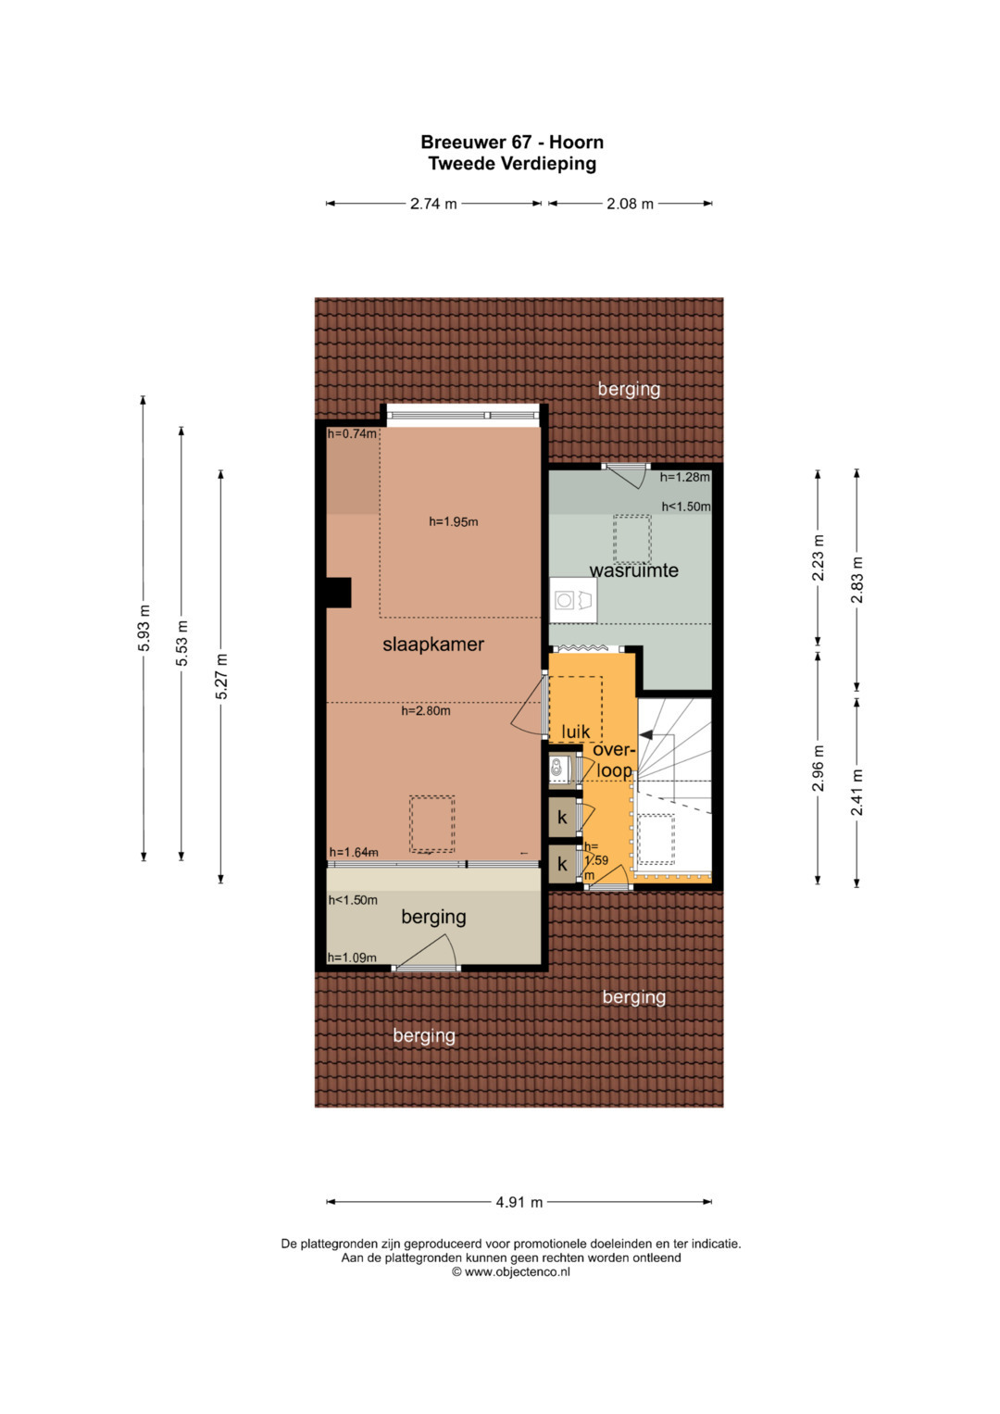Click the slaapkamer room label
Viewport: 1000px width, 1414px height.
tap(433, 644)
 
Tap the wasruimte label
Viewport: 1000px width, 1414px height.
tap(634, 570)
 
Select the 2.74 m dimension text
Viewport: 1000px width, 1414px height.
tap(433, 204)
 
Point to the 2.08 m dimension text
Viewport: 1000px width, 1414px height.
tap(630, 204)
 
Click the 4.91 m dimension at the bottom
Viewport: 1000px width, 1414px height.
tap(519, 1202)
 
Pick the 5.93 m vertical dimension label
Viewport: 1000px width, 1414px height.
tap(144, 628)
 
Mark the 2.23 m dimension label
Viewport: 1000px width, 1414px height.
tap(819, 557)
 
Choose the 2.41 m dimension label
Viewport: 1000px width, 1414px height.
tap(856, 793)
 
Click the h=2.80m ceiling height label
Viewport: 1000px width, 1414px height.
tap(426, 711)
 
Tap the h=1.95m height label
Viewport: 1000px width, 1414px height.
tap(454, 521)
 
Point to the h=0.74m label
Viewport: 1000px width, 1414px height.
tap(352, 433)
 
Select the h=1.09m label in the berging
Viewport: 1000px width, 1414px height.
tap(352, 957)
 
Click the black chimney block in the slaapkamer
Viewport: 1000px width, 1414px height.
tap(338, 593)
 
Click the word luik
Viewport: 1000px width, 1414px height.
tap(575, 732)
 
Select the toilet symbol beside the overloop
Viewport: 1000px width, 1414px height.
tap(557, 769)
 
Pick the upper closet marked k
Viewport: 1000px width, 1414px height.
tap(562, 818)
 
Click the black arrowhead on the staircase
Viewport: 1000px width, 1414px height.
tap(646, 735)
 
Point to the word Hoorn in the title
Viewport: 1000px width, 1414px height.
tap(576, 142)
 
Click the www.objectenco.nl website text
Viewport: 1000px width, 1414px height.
tap(517, 1272)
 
